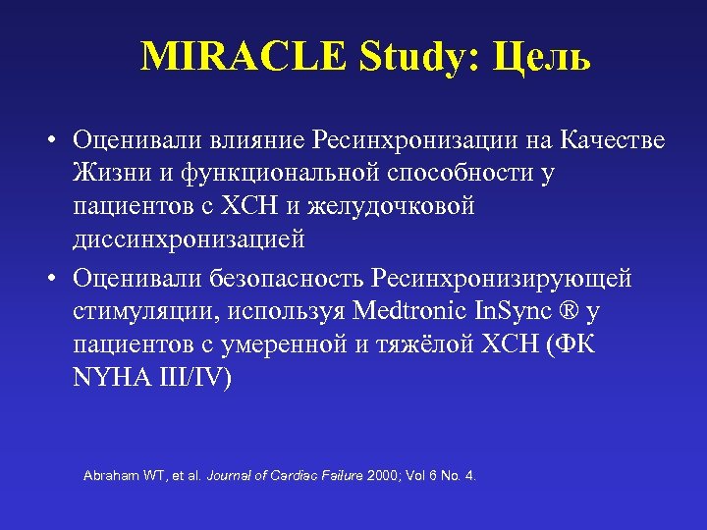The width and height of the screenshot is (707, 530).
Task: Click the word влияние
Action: pos(257,141)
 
